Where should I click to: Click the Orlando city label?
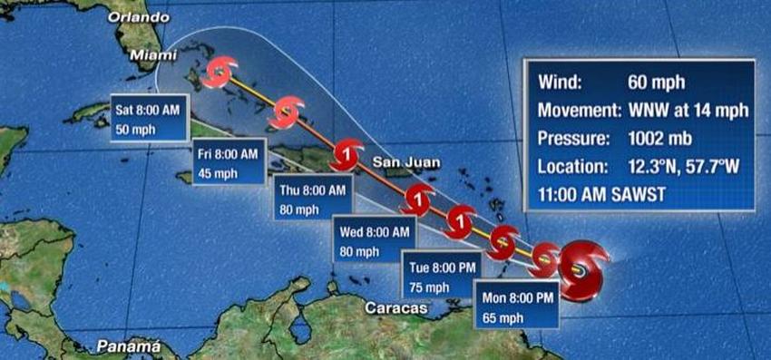(x=138, y=16)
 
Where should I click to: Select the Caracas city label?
(x=395, y=308)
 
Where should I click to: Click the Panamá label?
(x=128, y=346)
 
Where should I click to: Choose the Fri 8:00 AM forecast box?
(x=229, y=163)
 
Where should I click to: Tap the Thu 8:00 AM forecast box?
(x=312, y=199)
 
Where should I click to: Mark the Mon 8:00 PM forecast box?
(x=515, y=306)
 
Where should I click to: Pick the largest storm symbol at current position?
(x=581, y=268)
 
